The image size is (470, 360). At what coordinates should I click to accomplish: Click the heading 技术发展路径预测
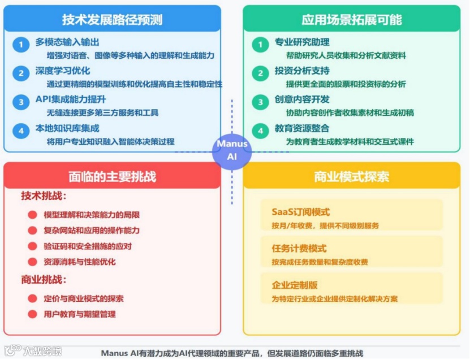pyautogui.click(x=112, y=20)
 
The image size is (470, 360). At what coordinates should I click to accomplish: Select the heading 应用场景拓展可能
pyautogui.click(x=351, y=20)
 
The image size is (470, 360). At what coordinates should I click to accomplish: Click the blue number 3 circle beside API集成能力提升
pyautogui.click(x=21, y=102)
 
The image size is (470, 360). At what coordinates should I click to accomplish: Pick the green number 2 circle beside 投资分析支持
pyautogui.click(x=260, y=73)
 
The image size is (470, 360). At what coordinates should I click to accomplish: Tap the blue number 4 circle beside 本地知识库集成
pyautogui.click(x=21, y=131)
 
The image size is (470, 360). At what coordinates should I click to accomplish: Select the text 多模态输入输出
pyautogui.click(x=67, y=42)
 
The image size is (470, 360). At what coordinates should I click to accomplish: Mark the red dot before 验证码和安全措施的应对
pyautogui.click(x=32, y=246)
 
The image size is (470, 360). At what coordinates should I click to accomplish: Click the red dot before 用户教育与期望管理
pyautogui.click(x=32, y=314)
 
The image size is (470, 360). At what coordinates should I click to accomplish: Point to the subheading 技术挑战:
pyautogui.click(x=44, y=196)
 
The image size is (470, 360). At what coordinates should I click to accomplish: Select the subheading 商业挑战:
pyautogui.click(x=44, y=280)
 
